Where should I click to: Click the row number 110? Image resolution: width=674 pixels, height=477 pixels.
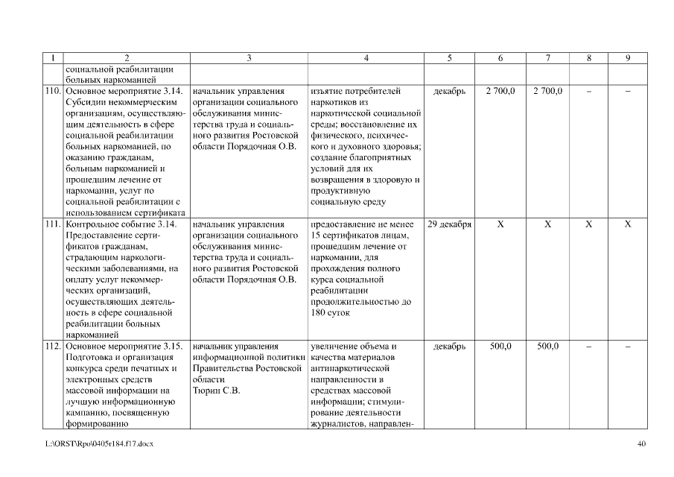click(x=52, y=91)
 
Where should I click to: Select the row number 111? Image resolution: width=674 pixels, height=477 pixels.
click(x=52, y=224)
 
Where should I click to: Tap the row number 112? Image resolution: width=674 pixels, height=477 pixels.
click(x=52, y=347)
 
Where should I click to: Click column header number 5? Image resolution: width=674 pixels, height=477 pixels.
click(x=449, y=58)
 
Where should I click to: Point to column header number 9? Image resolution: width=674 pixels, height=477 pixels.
click(x=627, y=58)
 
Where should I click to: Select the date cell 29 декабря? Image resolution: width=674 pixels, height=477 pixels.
click(x=449, y=224)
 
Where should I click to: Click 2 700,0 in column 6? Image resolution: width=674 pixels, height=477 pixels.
click(x=500, y=91)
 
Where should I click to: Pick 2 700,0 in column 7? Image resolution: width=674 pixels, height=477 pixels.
click(x=547, y=91)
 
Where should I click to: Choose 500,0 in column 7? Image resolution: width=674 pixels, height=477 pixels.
click(x=547, y=347)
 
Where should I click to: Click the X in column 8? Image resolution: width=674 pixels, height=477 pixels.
click(x=588, y=224)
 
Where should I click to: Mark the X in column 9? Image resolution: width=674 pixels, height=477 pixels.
click(x=627, y=224)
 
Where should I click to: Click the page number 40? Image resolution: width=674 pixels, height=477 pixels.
click(x=642, y=444)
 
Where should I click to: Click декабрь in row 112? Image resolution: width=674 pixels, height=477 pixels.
click(x=449, y=347)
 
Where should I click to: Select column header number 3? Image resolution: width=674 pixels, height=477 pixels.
click(x=248, y=58)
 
